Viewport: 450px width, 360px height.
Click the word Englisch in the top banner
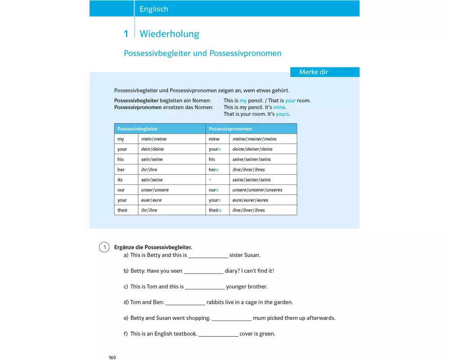click(x=153, y=9)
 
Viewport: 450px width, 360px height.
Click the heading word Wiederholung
click(x=169, y=34)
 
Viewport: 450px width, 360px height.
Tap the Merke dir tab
click(x=314, y=72)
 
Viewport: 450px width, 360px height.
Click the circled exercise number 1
click(x=104, y=247)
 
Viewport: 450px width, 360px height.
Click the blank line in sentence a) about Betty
click(x=208, y=256)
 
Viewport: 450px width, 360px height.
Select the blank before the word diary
click(x=203, y=271)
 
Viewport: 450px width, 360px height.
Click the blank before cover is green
click(x=218, y=334)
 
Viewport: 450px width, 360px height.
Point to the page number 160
click(x=112, y=357)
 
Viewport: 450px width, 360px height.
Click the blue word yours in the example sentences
click(x=282, y=114)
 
